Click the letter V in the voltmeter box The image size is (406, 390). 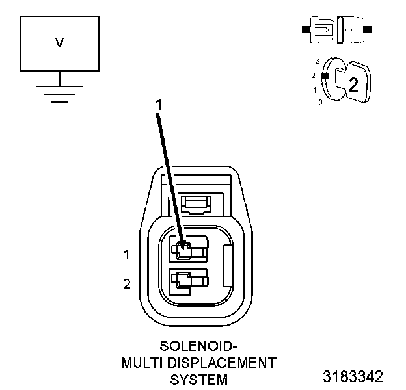[59, 43]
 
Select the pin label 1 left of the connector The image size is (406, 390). [127, 255]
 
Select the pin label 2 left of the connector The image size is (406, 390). [127, 283]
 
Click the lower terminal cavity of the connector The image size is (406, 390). [189, 281]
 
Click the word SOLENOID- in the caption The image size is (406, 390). [199, 345]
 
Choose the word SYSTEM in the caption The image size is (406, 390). [199, 379]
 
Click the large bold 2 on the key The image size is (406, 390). [353, 84]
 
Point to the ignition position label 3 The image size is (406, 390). [317, 61]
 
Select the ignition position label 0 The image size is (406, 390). [320, 103]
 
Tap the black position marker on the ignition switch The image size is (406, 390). [323, 75]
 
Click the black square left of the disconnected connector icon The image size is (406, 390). [304, 29]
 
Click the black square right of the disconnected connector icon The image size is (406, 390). [369, 29]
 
